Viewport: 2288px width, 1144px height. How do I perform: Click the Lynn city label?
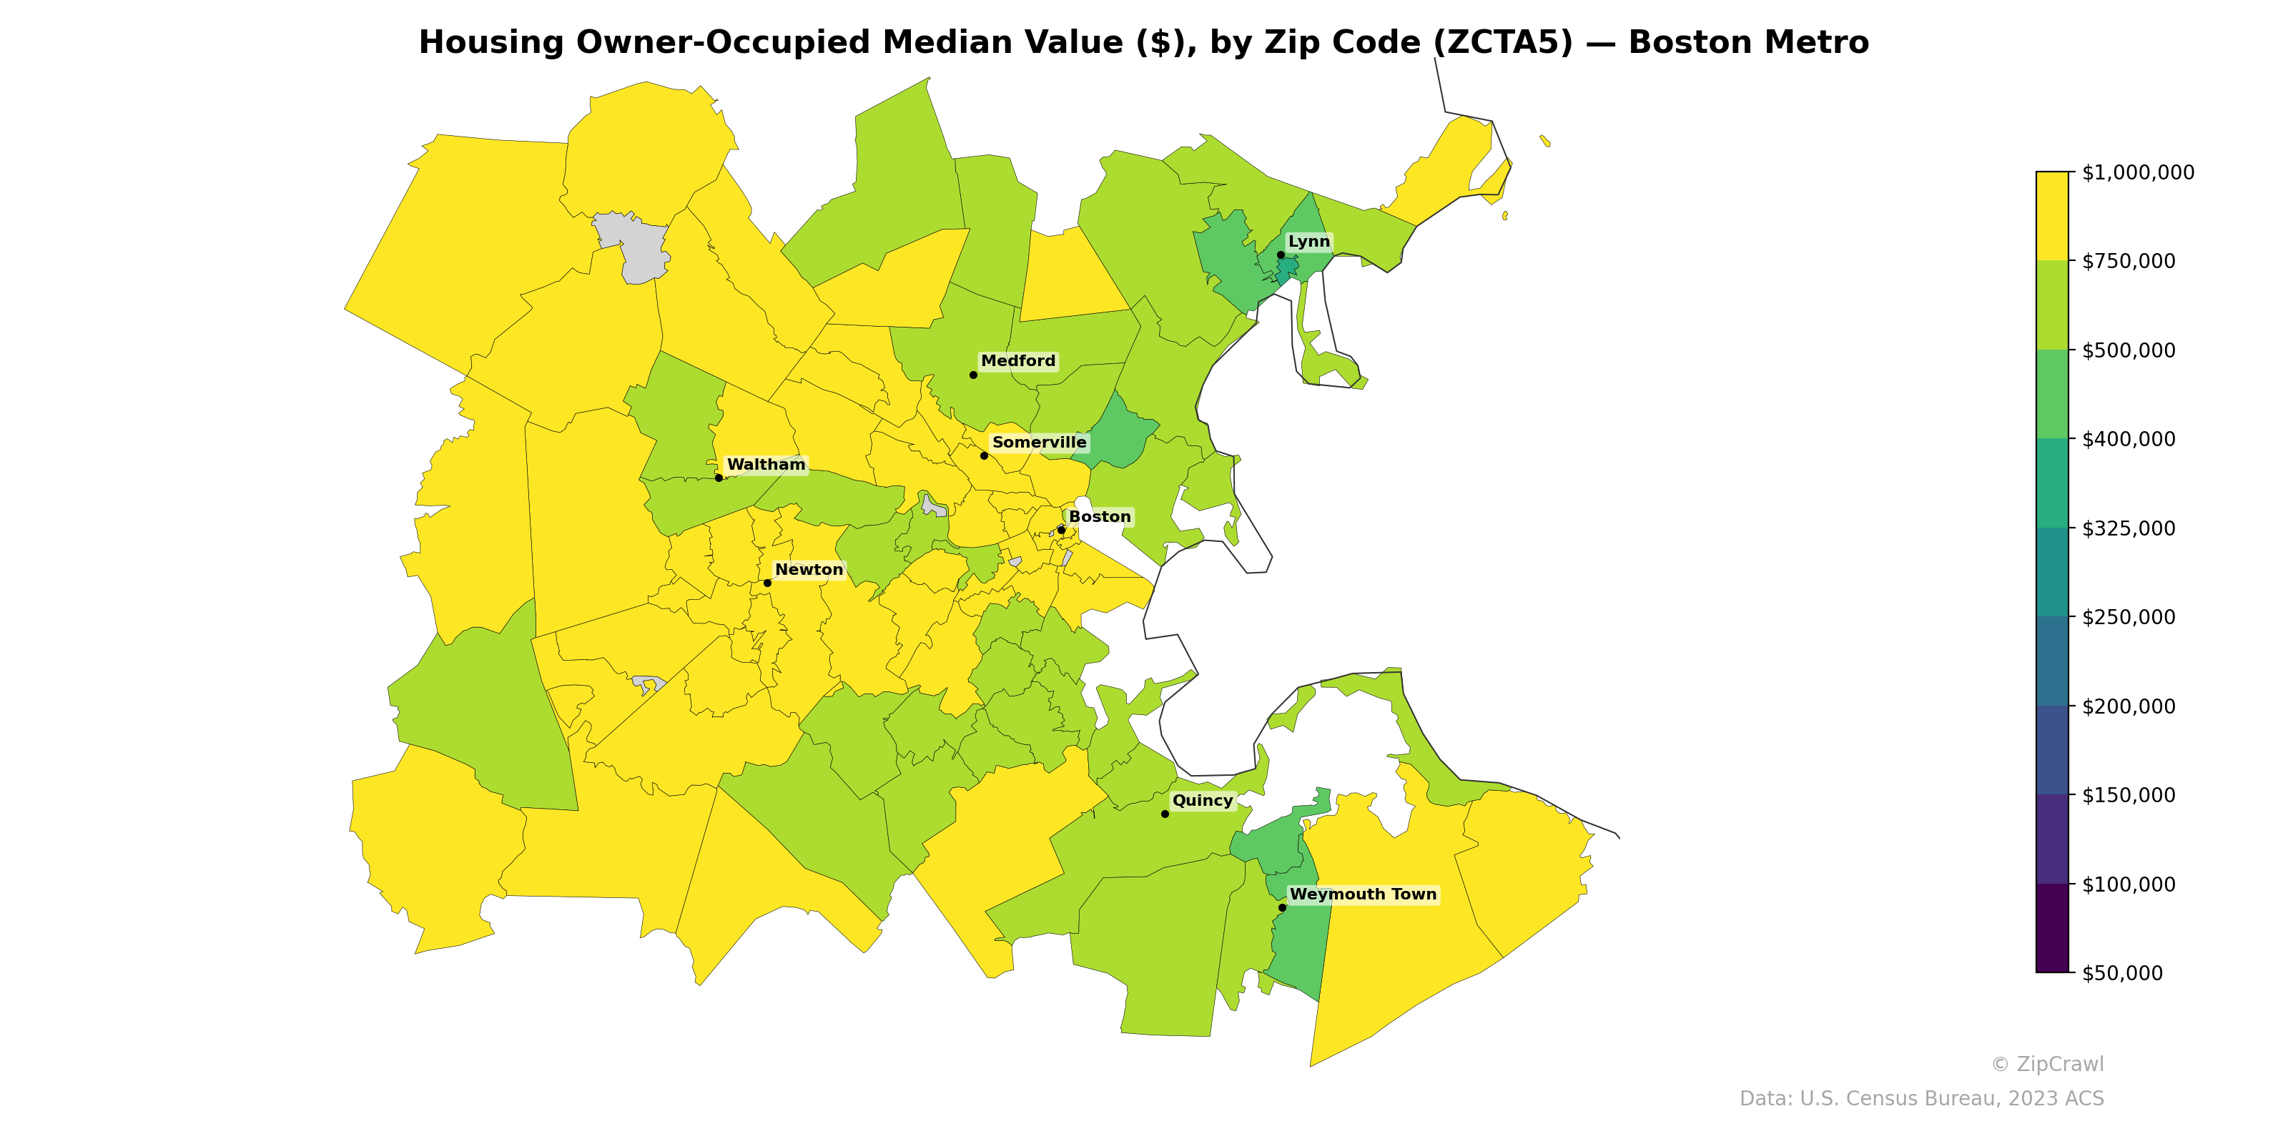click(1308, 242)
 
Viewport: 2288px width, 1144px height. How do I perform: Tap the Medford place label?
click(1018, 360)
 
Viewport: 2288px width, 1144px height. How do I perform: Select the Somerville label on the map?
click(1038, 443)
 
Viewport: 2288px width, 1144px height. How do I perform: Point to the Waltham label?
click(766, 465)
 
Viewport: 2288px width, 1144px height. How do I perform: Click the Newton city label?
click(808, 569)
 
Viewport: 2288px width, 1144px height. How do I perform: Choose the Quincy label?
click(1202, 800)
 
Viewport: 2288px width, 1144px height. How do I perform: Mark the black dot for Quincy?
click(1165, 814)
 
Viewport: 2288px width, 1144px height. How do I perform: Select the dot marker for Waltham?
click(719, 478)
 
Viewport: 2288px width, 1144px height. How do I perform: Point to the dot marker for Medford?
click(972, 375)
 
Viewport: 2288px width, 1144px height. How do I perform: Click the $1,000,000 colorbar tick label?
click(2137, 172)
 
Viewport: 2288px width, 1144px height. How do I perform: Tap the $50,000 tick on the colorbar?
click(2122, 973)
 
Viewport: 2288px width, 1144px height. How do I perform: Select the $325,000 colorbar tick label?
click(2128, 528)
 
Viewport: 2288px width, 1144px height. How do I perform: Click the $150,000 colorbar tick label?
click(2128, 795)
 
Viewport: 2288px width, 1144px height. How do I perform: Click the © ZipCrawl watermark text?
click(2046, 1064)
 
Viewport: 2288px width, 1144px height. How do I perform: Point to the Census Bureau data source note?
click(1921, 1099)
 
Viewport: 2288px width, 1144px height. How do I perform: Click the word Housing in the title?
click(491, 43)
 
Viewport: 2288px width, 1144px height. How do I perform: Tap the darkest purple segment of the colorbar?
click(2052, 928)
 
